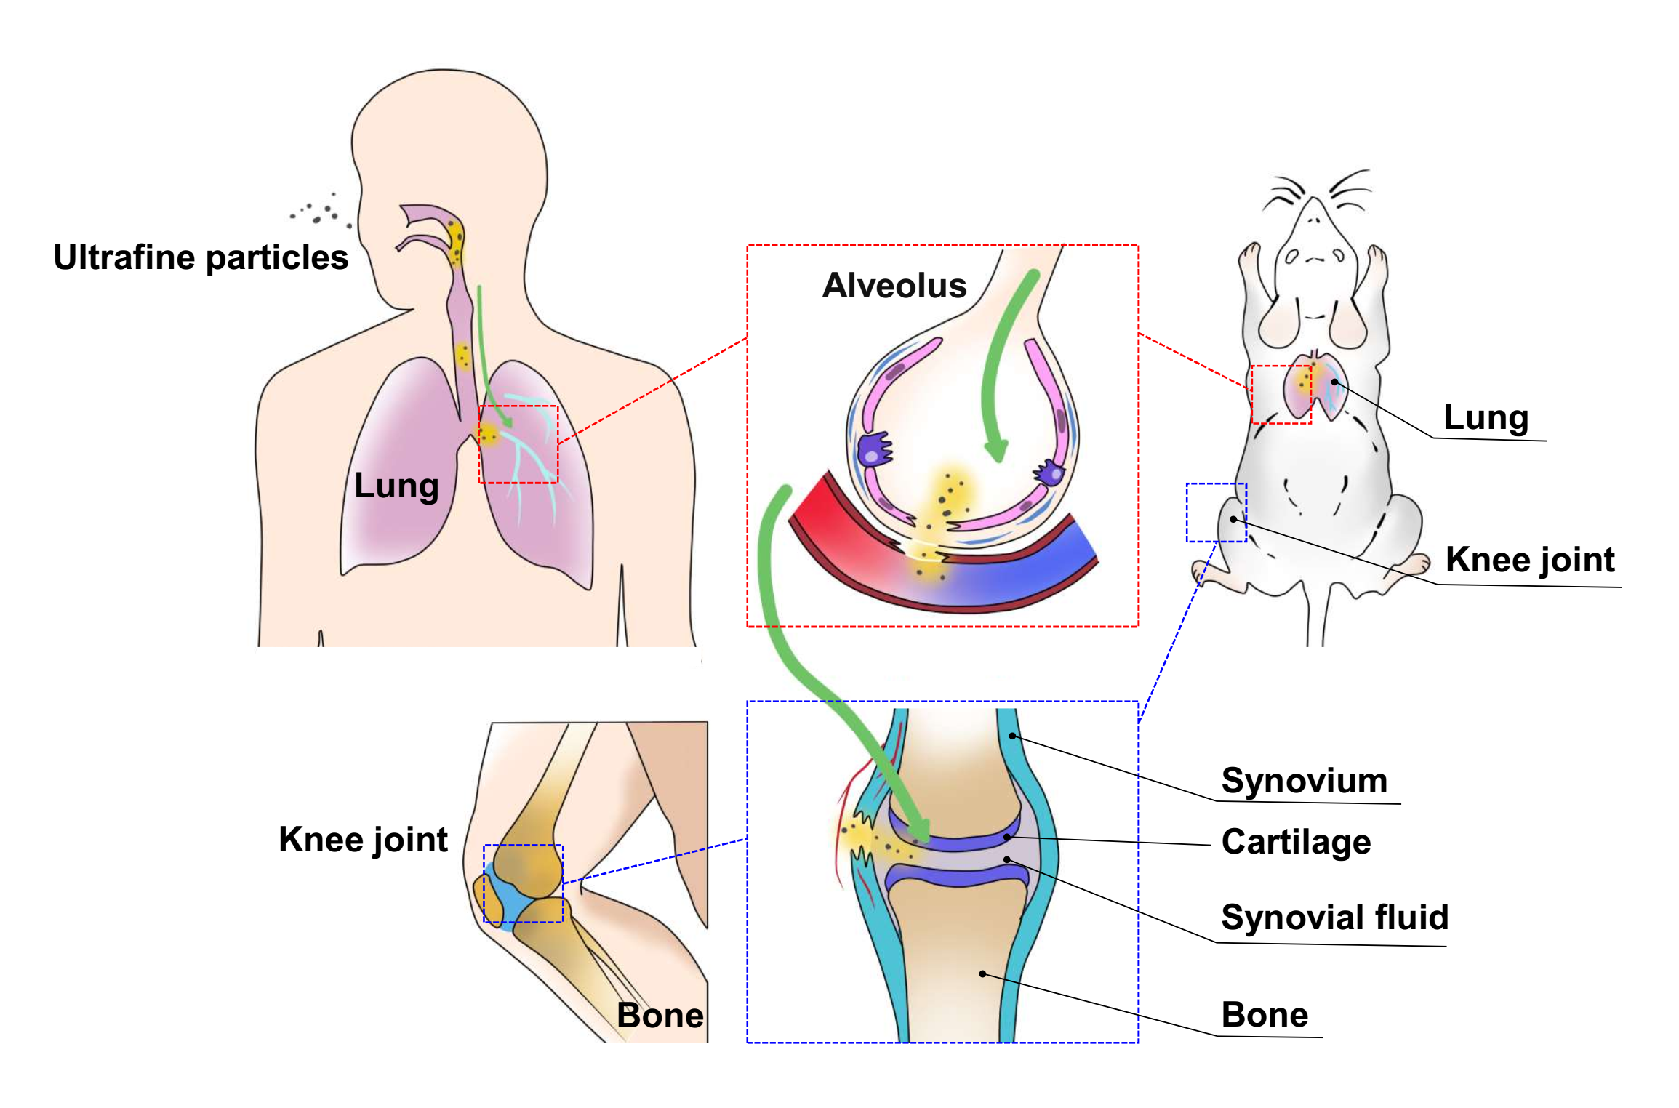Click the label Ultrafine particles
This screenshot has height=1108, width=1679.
[201, 257]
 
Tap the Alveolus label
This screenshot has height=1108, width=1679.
[894, 285]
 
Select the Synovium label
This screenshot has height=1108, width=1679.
[1304, 781]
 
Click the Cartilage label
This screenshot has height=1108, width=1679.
[1296, 842]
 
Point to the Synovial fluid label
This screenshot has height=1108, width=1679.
[1334, 917]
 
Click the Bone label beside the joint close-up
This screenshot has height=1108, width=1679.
[1265, 1014]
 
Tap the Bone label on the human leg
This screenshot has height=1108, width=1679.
[660, 1015]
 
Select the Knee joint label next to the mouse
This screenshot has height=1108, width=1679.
[1529, 560]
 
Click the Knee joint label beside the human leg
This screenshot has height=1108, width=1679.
[363, 840]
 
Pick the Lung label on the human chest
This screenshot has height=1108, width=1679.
[396, 486]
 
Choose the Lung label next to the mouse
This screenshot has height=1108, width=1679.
[1486, 417]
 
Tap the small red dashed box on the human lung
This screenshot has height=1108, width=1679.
[518, 444]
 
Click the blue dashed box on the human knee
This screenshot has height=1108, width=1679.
[523, 883]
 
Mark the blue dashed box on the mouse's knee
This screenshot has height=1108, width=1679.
[1216, 512]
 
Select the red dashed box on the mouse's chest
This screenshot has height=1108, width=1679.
[1281, 394]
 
